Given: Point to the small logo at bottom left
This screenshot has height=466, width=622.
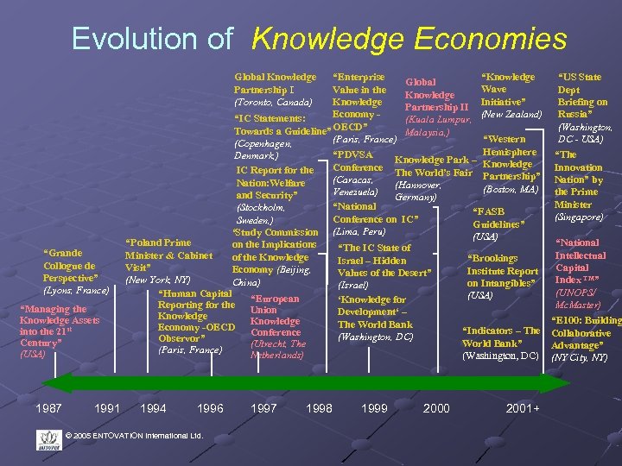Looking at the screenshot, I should [x=50, y=441].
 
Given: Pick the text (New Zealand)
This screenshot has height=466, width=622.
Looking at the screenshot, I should [x=511, y=113].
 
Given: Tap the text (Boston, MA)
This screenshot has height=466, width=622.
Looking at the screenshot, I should [x=511, y=189].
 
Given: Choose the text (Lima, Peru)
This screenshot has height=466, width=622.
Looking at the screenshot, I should [x=359, y=231].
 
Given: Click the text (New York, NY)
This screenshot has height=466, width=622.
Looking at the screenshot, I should [x=158, y=280].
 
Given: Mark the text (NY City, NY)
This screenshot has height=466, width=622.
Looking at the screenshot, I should [x=580, y=356].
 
